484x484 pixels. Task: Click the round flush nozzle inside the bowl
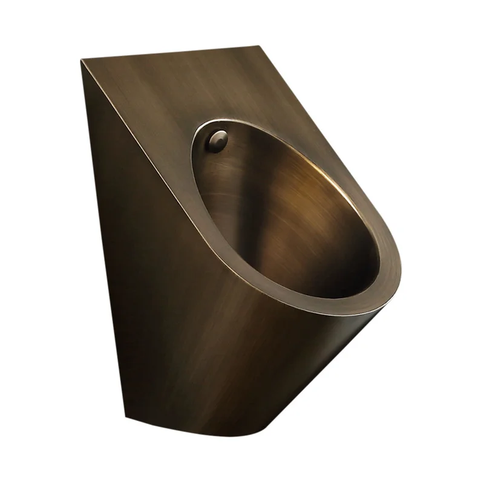[216, 141]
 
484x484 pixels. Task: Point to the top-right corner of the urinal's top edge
[260, 47]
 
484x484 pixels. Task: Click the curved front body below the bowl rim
[272, 351]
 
